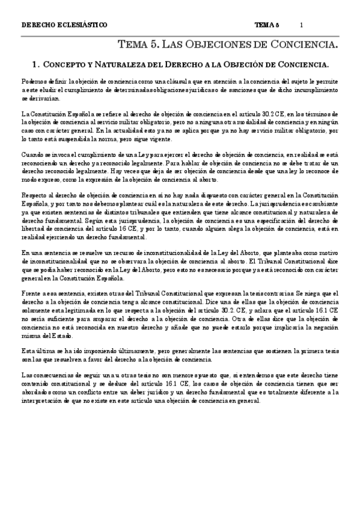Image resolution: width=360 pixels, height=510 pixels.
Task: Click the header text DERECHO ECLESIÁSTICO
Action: coord(64,25)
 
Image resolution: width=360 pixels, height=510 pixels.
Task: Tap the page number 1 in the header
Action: coord(301,25)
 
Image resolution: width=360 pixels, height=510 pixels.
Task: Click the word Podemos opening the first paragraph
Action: coord(33,81)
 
